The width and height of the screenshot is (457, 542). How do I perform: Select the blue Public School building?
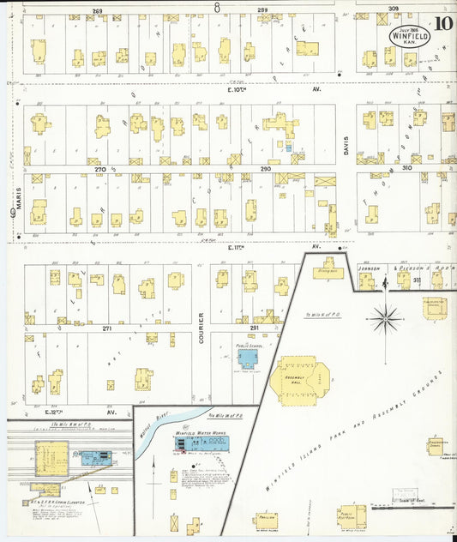click(x=249, y=358)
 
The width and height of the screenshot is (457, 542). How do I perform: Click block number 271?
click(x=107, y=328)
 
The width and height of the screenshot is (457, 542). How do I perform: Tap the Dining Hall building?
click(x=324, y=268)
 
